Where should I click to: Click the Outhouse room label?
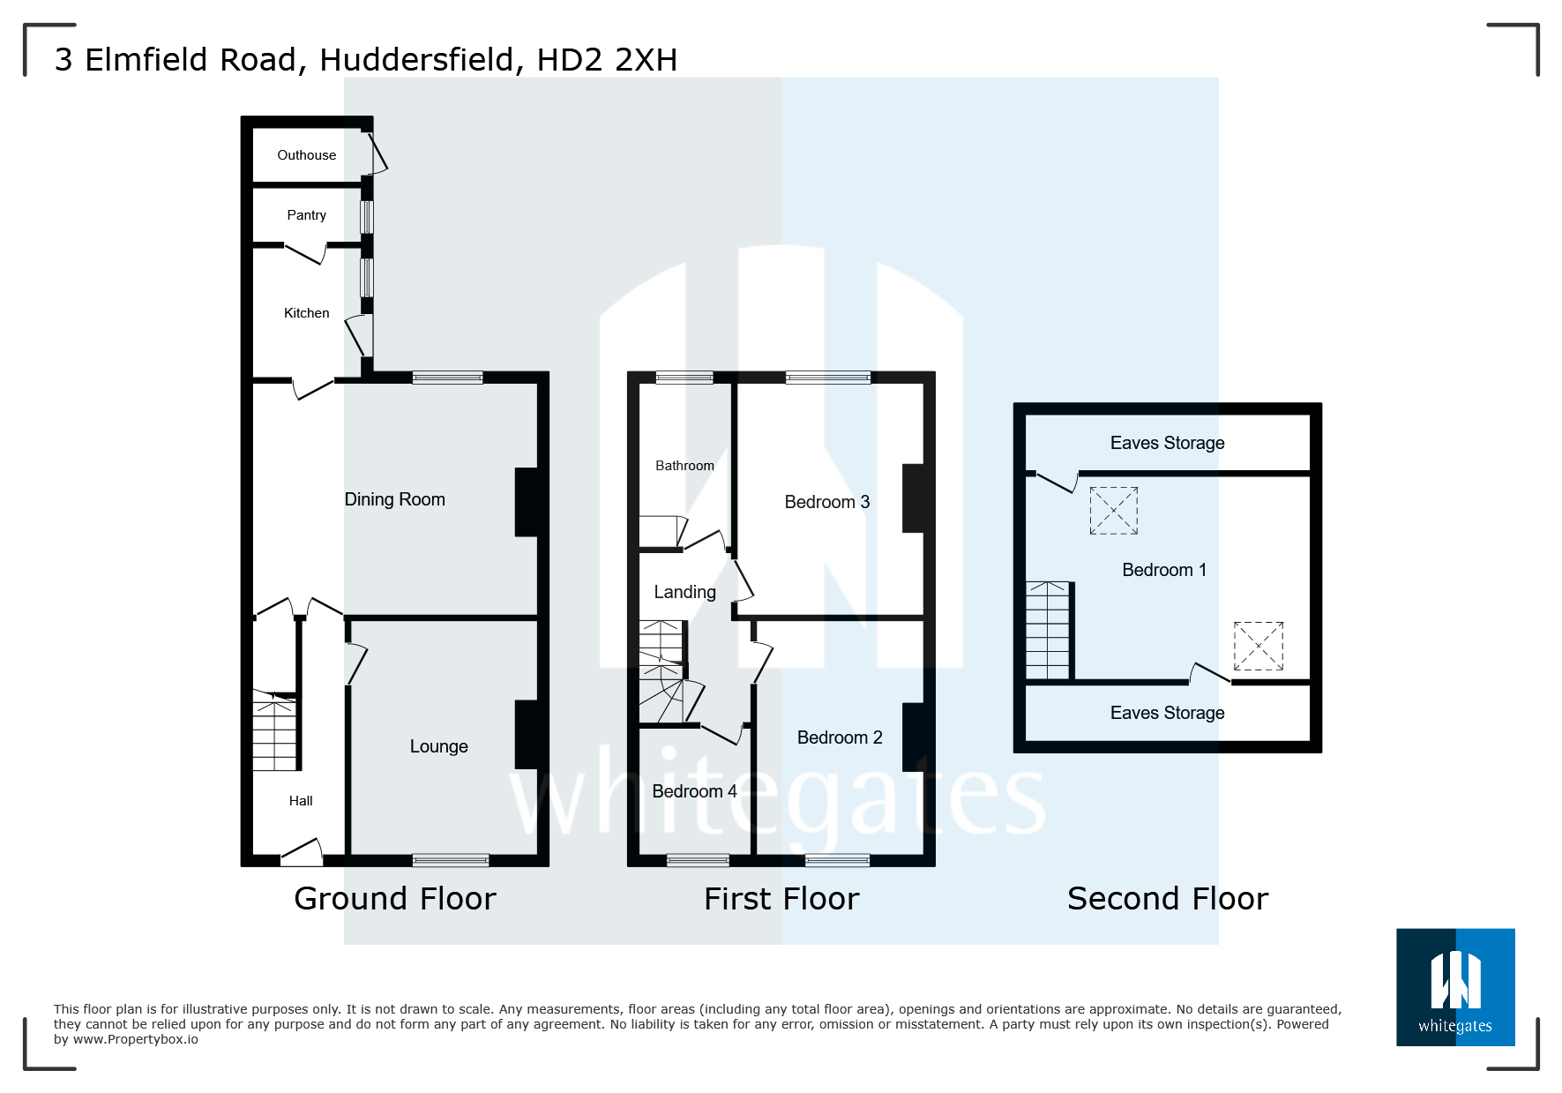(306, 155)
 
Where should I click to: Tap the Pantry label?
(306, 215)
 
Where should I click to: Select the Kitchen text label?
(306, 313)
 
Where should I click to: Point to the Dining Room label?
(394, 499)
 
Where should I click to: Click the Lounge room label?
(438, 746)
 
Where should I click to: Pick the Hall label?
(301, 801)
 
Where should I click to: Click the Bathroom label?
(684, 466)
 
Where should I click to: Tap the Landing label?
(684, 592)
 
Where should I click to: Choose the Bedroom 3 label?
(826, 502)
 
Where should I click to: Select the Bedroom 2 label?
(839, 737)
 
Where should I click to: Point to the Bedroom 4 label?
(694, 791)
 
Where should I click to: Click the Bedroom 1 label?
(1163, 570)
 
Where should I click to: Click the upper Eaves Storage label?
(1167, 443)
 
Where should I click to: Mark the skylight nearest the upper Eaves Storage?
(1113, 511)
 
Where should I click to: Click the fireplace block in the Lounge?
(527, 735)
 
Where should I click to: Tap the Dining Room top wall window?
(447, 378)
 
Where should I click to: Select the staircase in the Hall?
(275, 730)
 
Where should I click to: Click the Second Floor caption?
(1167, 899)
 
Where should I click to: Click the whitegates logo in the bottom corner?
(1455, 987)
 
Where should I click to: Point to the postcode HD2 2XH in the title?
(607, 60)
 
